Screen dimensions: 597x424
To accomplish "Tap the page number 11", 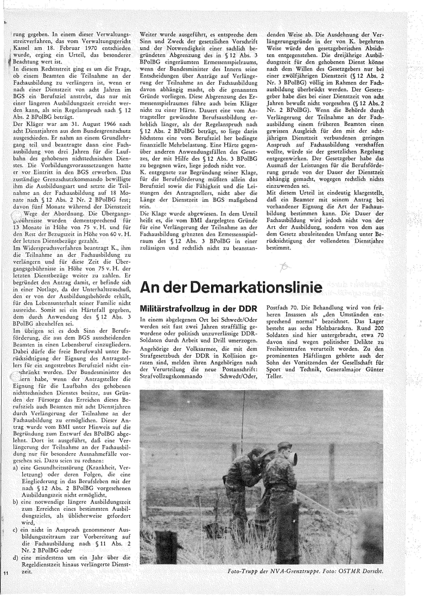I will click(5, 573).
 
